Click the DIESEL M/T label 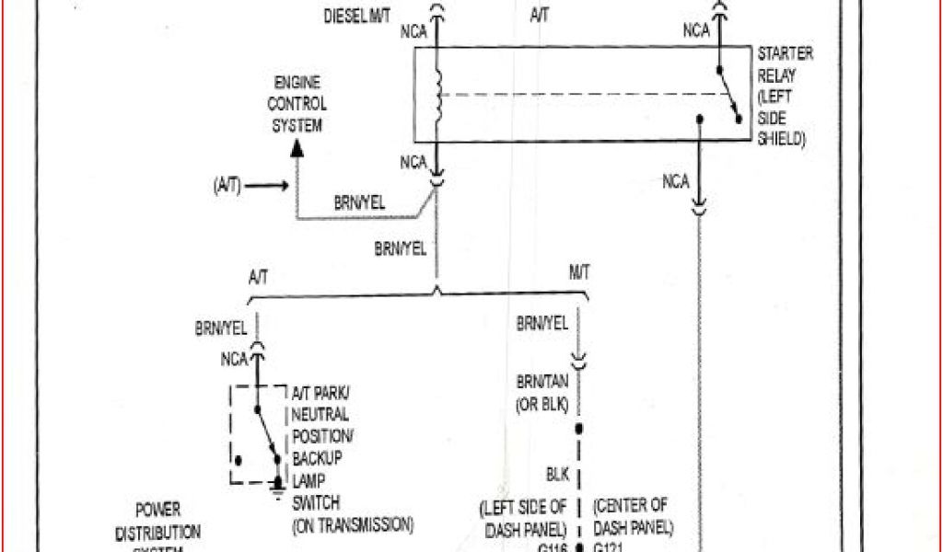coord(356,16)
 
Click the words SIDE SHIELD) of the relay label coord(780,129)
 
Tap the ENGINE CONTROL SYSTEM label coord(297,104)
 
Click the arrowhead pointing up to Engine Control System coord(296,147)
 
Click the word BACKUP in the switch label coord(318,457)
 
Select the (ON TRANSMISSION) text coord(353,525)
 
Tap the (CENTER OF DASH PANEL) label coord(634,516)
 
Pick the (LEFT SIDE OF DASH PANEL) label coord(524,516)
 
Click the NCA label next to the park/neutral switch coord(235,359)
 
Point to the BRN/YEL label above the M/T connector coord(541,324)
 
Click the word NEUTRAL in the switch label coord(320,415)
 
